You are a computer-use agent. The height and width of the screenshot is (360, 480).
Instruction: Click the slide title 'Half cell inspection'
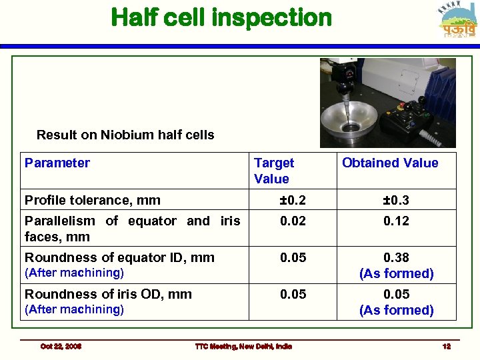tap(221, 17)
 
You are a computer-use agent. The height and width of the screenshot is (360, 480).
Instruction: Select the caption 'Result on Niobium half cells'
tap(125, 135)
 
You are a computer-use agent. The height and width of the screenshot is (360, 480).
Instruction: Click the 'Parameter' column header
tap(57, 163)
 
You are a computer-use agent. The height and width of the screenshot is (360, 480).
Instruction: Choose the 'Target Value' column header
tap(273, 171)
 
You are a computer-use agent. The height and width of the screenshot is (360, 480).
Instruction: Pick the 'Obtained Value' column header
tap(390, 163)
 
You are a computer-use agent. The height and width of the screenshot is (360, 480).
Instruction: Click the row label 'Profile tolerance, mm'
tap(93, 199)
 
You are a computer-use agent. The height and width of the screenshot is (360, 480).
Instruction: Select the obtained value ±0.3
tap(396, 199)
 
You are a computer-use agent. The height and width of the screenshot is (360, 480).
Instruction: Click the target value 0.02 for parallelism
tap(293, 221)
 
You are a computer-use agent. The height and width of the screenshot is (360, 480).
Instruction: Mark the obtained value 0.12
tap(396, 221)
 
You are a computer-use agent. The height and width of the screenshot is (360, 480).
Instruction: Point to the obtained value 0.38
tap(396, 257)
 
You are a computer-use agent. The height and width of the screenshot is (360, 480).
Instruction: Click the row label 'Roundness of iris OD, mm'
tap(108, 294)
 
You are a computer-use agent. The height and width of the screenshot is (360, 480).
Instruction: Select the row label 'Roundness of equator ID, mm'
tap(119, 257)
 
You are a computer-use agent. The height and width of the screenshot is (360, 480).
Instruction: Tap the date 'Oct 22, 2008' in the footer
tap(61, 346)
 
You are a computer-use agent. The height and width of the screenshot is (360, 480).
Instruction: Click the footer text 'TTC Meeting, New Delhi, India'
tap(243, 346)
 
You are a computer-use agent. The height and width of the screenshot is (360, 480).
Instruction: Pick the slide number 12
tap(447, 346)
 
